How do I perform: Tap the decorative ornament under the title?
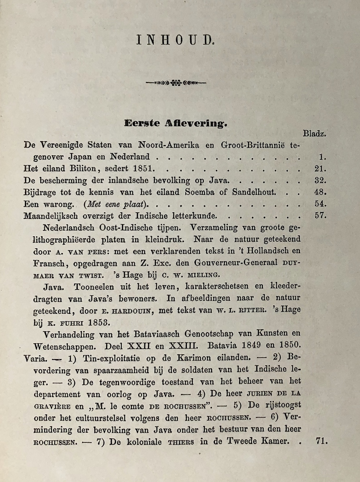(176, 83)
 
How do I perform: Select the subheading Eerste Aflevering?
(176, 123)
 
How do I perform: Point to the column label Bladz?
(314, 134)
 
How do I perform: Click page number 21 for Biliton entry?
(320, 169)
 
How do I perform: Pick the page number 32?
(320, 180)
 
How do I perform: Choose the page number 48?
(320, 192)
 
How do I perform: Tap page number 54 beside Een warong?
(320, 204)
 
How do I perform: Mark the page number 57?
(320, 216)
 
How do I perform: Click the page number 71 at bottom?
(321, 441)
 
